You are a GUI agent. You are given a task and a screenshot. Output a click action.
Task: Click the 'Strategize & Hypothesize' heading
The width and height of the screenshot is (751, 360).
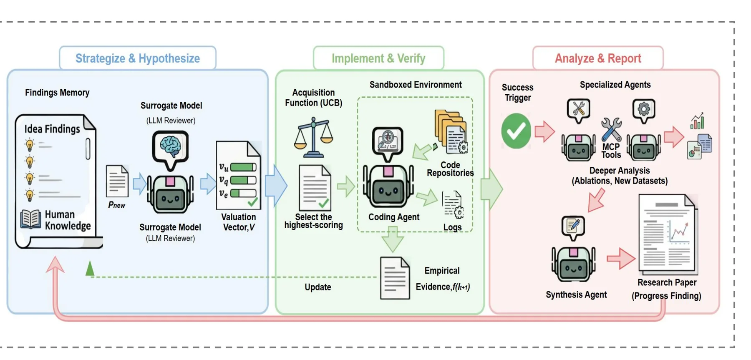[x=138, y=58]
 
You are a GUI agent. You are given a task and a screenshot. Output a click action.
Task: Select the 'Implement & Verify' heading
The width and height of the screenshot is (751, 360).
[x=378, y=58]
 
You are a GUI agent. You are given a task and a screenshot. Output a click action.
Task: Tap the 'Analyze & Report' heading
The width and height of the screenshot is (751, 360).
[x=598, y=58]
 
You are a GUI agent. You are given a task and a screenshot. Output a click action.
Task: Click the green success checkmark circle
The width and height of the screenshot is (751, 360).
[x=516, y=131]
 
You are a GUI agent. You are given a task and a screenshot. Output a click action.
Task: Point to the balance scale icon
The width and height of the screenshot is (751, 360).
[x=313, y=137]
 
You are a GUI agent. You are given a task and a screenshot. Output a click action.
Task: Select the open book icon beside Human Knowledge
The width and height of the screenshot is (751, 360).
[x=31, y=219]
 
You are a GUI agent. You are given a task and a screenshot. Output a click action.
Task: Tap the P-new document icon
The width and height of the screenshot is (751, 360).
[x=117, y=181]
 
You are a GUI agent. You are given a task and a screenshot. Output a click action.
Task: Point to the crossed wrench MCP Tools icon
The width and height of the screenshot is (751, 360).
[x=611, y=129]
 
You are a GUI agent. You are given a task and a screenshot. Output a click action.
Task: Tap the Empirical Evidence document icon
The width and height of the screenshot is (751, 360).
[x=395, y=278]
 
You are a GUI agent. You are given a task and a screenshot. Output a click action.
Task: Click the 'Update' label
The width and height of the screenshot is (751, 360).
[x=318, y=287]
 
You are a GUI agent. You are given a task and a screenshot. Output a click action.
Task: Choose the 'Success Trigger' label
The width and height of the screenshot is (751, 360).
[x=517, y=93]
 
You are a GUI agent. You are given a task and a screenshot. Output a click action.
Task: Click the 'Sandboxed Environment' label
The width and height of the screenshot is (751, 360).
[x=416, y=85]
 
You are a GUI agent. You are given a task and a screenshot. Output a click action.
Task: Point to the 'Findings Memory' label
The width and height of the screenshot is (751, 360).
[x=57, y=93]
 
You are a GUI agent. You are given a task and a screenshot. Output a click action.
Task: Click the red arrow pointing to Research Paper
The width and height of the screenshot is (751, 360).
[x=621, y=259]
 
